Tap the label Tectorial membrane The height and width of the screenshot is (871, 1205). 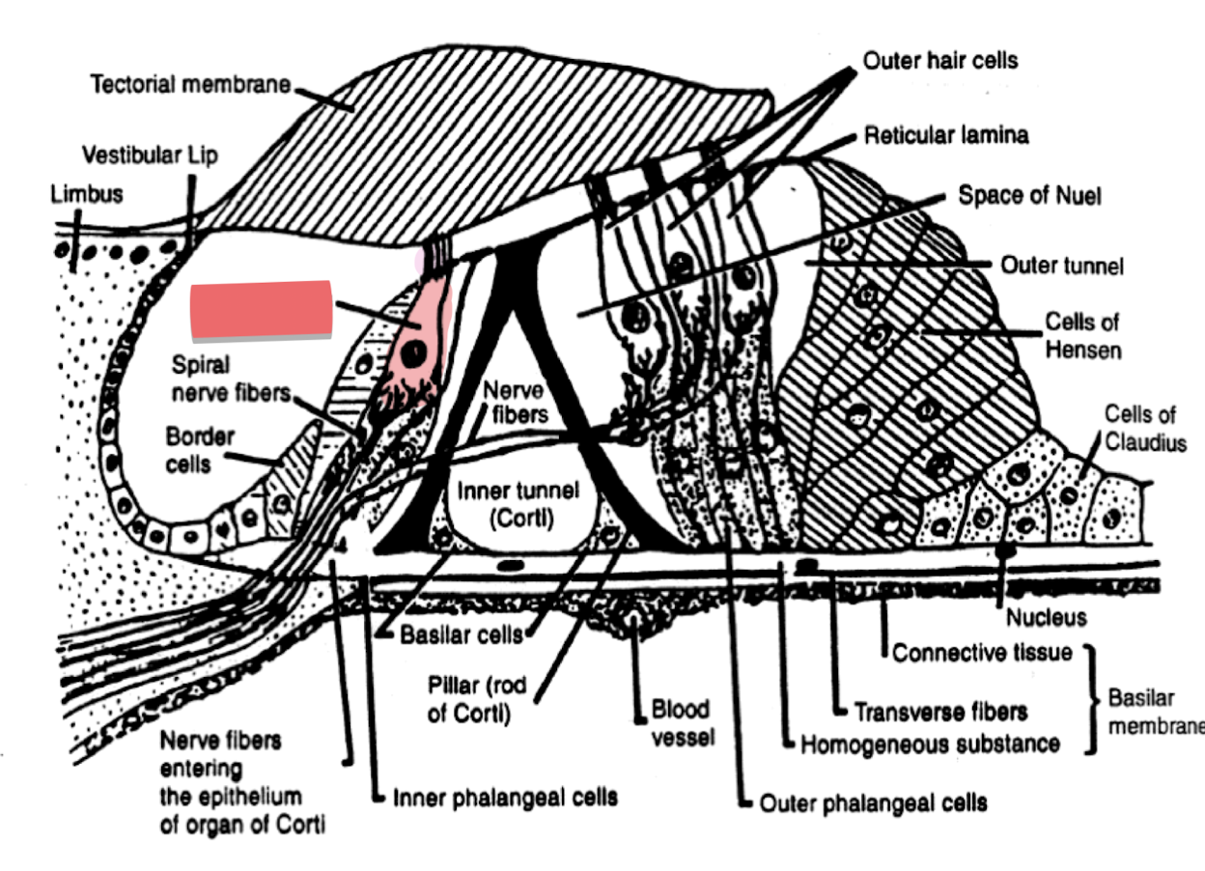(x=190, y=85)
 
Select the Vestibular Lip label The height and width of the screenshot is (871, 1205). (x=150, y=155)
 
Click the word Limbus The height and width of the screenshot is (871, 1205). (x=87, y=194)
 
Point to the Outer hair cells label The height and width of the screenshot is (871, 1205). (x=939, y=61)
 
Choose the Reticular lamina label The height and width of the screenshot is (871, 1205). (x=945, y=135)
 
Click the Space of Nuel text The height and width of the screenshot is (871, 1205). (x=1028, y=195)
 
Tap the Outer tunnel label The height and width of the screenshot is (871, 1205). (x=1061, y=265)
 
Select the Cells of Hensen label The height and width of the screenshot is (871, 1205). (x=1083, y=335)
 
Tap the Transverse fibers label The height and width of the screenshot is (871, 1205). (x=939, y=713)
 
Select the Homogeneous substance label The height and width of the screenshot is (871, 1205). (x=930, y=745)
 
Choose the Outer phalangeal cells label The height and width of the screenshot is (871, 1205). (x=873, y=802)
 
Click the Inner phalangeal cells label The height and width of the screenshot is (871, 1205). (x=505, y=799)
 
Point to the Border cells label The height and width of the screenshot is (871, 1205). (x=199, y=450)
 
